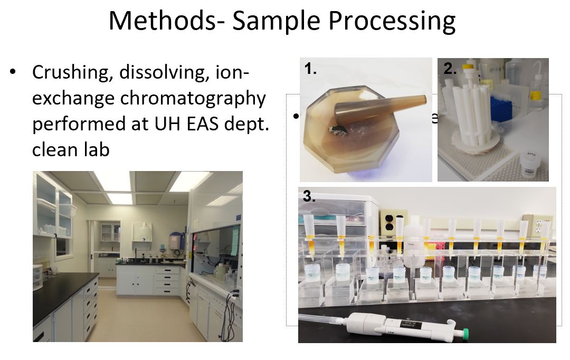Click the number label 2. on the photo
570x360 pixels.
449,69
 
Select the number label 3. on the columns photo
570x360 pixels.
309,196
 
